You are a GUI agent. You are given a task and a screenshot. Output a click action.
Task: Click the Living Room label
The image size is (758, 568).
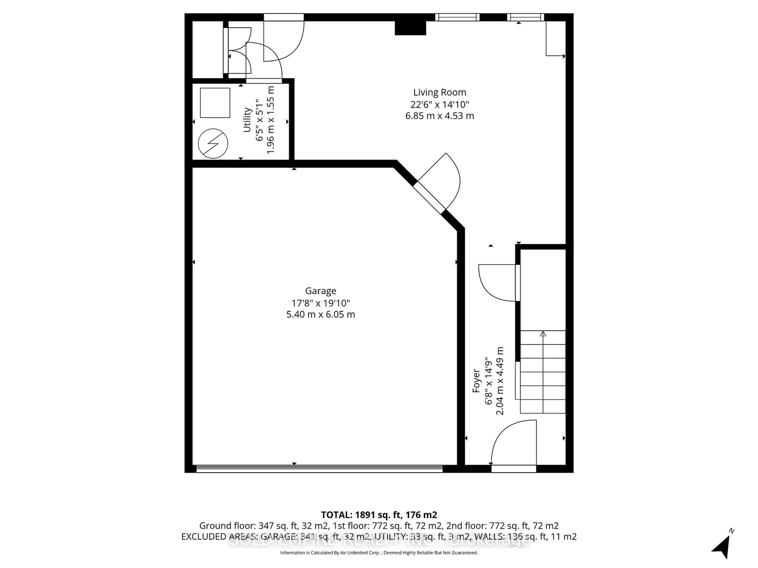tap(439, 92)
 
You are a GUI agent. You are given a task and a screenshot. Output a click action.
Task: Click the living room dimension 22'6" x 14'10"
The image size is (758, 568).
tap(439, 104)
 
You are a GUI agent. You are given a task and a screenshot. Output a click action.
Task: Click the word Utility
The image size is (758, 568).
tap(247, 120)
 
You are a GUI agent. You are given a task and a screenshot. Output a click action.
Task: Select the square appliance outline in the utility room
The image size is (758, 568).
tap(215, 103)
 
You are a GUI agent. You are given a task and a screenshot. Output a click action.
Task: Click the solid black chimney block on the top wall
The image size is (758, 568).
tap(410, 28)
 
